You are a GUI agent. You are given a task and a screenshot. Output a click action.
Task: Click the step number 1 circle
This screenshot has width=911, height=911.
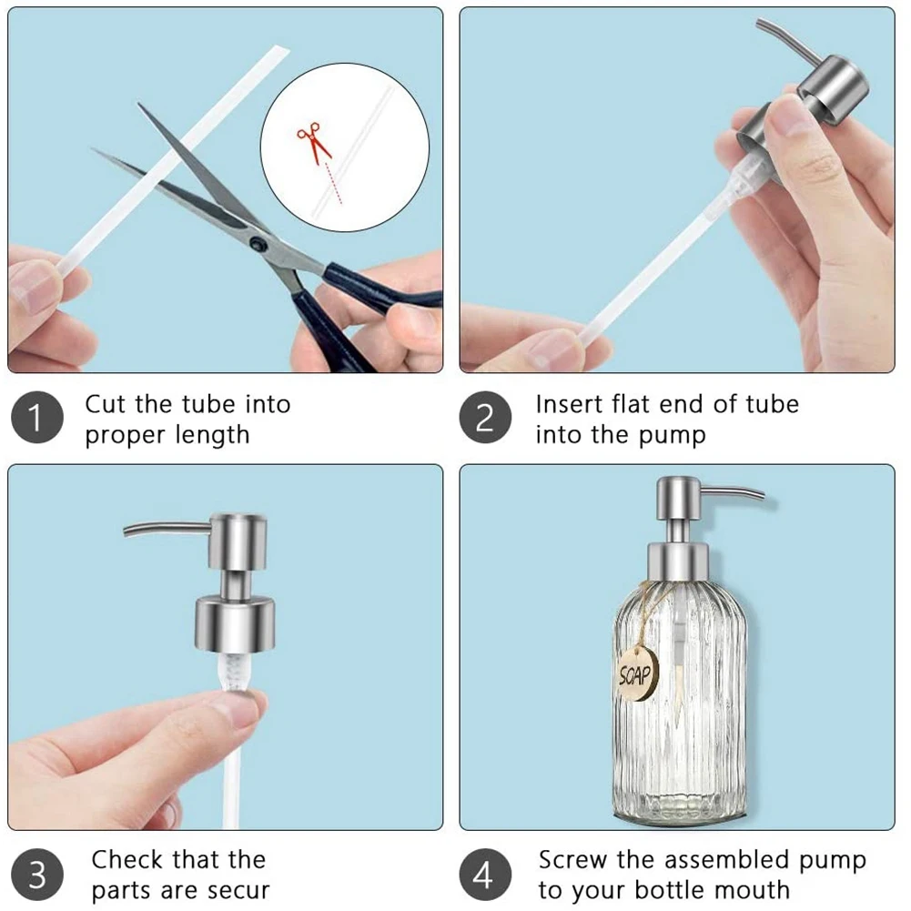(36, 417)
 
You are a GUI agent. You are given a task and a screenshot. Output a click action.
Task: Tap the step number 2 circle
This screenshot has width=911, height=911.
(485, 417)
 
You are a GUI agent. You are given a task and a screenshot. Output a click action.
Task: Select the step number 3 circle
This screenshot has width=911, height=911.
(36, 875)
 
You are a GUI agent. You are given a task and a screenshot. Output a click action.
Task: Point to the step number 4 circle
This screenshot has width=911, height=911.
(485, 875)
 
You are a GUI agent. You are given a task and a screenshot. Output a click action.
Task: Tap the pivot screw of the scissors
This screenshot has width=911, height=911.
(257, 243)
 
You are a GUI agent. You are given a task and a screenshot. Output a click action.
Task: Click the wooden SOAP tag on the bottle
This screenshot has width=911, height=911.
(637, 674)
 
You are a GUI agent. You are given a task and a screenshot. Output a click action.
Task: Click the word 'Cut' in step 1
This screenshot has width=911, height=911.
(106, 404)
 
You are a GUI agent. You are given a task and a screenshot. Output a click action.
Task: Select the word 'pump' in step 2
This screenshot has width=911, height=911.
(673, 436)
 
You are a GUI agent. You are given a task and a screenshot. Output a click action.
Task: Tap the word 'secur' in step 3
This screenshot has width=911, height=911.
(238, 890)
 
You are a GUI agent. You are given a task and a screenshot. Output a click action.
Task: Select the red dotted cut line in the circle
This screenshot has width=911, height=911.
(334, 184)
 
